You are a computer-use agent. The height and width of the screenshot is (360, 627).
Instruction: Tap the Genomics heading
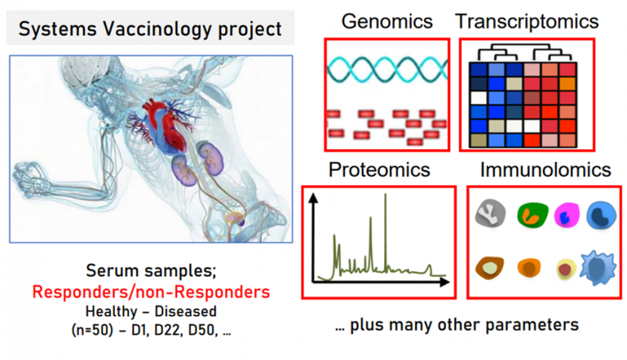(387, 21)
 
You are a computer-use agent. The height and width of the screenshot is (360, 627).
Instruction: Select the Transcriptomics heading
(527, 21)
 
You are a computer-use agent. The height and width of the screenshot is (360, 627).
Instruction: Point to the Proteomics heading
(379, 170)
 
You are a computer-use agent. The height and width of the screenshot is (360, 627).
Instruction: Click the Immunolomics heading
(545, 170)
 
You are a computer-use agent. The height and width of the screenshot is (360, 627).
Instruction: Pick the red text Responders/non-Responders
(151, 292)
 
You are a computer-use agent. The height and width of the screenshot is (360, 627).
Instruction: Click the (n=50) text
(92, 331)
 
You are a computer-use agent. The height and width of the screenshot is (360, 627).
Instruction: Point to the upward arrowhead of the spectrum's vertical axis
(314, 198)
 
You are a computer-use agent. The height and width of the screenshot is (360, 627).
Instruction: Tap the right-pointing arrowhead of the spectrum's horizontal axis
(444, 282)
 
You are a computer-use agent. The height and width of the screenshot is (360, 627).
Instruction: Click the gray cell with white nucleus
(491, 213)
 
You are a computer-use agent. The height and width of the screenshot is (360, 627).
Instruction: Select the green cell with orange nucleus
(533, 215)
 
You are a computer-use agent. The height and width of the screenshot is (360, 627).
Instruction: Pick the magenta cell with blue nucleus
(567, 215)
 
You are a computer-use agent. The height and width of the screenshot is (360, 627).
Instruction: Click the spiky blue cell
(598, 267)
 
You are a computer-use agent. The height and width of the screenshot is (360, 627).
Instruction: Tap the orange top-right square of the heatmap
(567, 84)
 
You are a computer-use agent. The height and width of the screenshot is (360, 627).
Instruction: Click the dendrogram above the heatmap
(524, 53)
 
